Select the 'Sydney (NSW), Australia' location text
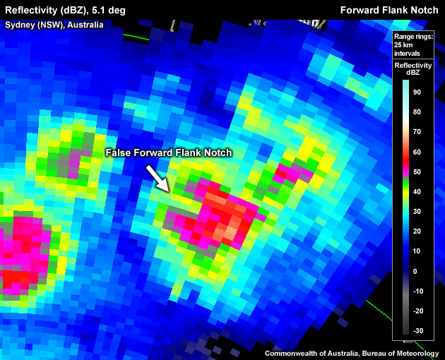click(x=54, y=25)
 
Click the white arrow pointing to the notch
click(x=158, y=177)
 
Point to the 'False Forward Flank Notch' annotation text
click(x=168, y=152)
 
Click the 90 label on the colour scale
click(x=417, y=92)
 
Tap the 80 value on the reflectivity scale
click(x=417, y=112)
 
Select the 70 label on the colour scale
click(x=417, y=131)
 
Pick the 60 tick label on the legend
click(x=417, y=152)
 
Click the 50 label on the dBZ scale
click(x=417, y=172)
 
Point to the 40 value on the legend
click(x=417, y=191)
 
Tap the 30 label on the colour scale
click(x=417, y=211)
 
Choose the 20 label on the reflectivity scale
click(x=417, y=231)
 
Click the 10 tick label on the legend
click(x=417, y=251)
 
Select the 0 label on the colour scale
click(x=415, y=271)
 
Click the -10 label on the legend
click(x=418, y=291)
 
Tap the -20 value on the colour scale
click(x=418, y=311)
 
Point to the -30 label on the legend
click(x=418, y=330)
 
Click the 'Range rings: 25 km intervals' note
click(x=408, y=44)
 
